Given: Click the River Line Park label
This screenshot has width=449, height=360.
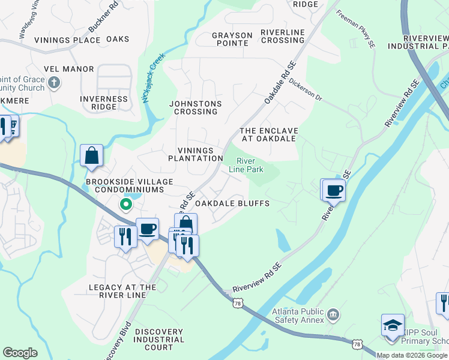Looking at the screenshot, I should click(246, 165).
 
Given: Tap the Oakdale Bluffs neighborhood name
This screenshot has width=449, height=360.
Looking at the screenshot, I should click(232, 203).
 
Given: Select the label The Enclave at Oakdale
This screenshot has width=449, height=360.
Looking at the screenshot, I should click(268, 134).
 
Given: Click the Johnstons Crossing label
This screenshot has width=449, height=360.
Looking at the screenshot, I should click(195, 107).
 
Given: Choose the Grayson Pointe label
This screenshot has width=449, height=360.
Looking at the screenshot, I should click(231, 39).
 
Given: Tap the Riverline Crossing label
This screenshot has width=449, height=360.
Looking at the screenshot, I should click(283, 36).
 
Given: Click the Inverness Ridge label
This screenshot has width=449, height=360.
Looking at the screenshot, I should click(104, 103).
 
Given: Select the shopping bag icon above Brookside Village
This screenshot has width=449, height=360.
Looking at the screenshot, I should click(91, 156).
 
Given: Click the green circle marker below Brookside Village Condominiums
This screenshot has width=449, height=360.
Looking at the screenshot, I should click(125, 205).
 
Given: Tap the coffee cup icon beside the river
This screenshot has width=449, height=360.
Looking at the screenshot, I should click(333, 191).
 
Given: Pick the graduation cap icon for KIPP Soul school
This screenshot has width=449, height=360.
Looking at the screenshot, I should click(393, 326).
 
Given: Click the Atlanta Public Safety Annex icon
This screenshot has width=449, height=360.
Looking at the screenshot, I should click(333, 313).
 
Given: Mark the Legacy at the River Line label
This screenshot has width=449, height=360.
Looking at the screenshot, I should click(122, 291).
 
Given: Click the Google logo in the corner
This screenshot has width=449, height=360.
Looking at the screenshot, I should click(20, 352).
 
